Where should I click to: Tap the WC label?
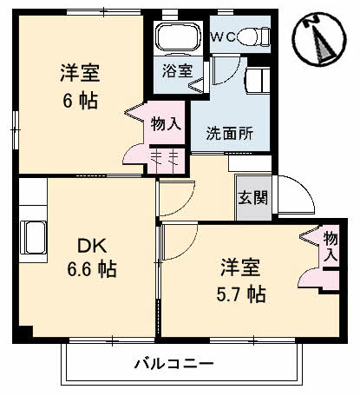tap(223, 37)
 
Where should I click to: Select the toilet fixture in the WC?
tap(252, 37)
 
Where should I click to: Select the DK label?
tap(94, 245)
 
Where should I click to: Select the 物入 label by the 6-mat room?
tap(165, 123)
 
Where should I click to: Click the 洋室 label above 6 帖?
tap(78, 71)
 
